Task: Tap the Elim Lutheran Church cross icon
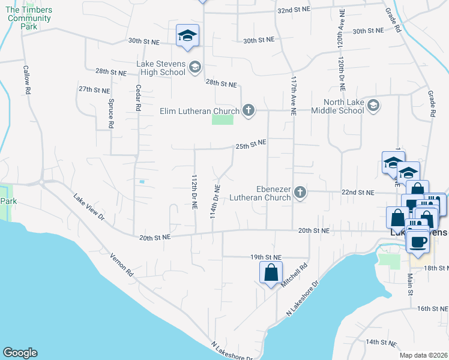tap(249, 110)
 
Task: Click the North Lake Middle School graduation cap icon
tap(373, 106)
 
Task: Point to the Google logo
tap(20, 353)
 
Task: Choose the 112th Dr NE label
tap(194, 192)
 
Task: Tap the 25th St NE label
tap(250, 145)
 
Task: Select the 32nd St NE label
tap(293, 10)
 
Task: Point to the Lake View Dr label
tap(89, 206)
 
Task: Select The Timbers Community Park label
tap(29, 18)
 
